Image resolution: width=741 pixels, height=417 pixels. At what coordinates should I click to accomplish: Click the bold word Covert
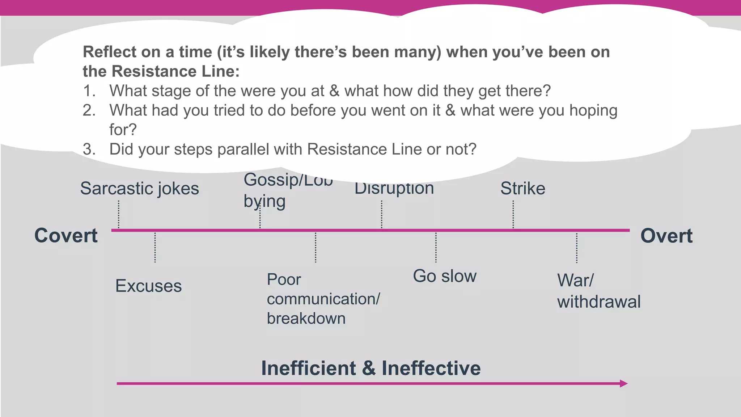pos(66,236)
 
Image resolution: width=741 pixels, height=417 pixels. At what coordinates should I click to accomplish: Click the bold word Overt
pos(666,236)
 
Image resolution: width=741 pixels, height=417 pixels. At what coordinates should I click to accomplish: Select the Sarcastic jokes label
pos(139,189)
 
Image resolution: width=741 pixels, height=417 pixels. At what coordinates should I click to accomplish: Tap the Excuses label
pos(148,286)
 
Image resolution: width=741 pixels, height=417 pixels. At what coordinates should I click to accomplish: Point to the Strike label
pos(522,189)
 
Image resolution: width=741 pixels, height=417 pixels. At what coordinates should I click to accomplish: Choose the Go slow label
pos(445,276)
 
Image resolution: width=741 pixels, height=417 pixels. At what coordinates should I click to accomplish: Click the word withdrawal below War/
pos(599,302)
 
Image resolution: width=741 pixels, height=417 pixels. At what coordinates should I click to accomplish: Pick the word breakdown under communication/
pos(306,319)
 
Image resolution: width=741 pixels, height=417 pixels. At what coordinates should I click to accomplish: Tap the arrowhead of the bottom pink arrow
pos(623,383)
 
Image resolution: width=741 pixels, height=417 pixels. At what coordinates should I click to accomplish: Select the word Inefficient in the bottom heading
pos(309,368)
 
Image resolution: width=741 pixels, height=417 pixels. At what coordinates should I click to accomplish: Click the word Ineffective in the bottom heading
pos(431,368)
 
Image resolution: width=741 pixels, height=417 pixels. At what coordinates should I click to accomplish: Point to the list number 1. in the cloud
pos(89,91)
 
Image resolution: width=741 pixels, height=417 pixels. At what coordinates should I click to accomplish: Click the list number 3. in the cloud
pos(89,149)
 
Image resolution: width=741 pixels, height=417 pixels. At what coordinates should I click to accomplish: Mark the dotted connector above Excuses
pos(155,248)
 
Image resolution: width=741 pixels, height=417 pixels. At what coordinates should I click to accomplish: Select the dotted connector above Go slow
pos(436,248)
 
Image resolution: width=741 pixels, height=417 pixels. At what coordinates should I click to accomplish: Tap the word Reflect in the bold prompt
pos(109,52)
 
